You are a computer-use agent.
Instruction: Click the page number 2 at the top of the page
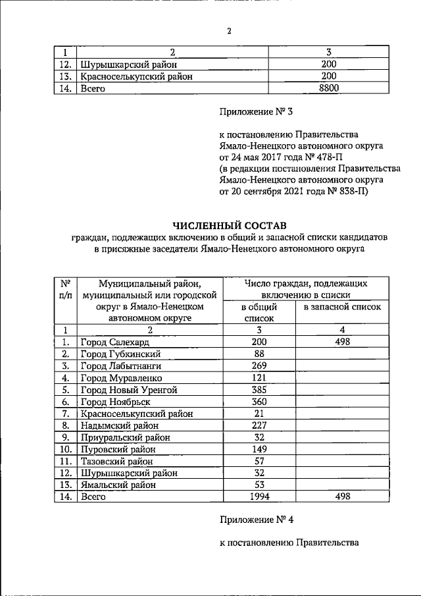coord(229,31)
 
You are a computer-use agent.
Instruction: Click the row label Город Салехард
coord(114,342)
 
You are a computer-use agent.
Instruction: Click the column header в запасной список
coord(341,308)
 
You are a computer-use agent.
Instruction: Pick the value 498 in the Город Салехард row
coord(341,342)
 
